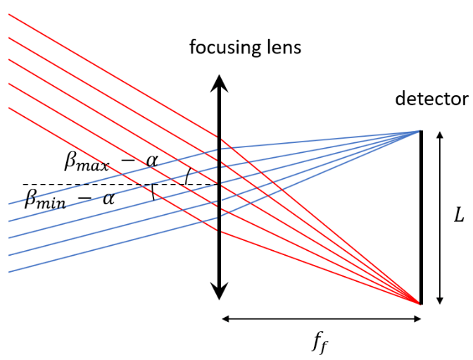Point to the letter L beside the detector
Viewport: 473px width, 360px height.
460,216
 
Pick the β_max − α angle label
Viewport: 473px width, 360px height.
111,162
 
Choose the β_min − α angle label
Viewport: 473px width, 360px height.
69,198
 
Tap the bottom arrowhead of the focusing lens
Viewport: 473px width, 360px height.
220,291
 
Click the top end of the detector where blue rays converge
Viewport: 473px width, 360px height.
420,132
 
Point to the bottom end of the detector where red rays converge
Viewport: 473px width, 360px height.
421,303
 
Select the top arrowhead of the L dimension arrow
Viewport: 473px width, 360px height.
439,135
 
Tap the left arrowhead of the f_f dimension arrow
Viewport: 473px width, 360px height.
225,318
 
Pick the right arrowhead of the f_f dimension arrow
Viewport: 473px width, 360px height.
417,318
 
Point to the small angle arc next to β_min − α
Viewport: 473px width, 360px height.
152,192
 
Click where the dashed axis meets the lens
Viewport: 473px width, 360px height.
220,185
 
